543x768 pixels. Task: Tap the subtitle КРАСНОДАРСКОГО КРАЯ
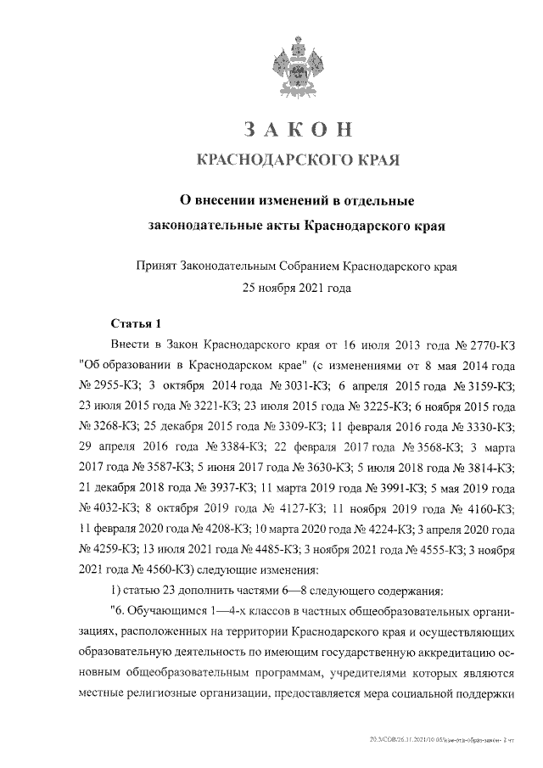pos(297,160)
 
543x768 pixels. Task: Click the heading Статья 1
pos(136,324)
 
